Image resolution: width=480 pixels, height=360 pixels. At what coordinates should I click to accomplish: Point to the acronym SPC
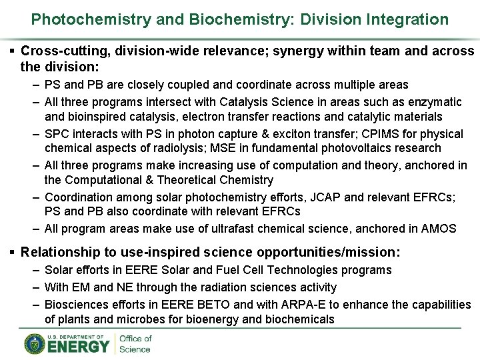point(57,133)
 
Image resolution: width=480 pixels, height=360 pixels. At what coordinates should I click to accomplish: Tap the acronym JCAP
point(324,197)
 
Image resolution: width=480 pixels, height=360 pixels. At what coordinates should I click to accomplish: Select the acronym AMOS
point(439,229)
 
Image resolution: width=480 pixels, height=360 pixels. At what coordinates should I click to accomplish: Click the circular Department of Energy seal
point(34,344)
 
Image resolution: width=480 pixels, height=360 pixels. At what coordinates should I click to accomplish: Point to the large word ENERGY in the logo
point(79,347)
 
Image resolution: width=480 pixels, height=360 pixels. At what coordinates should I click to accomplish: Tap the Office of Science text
point(135,344)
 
